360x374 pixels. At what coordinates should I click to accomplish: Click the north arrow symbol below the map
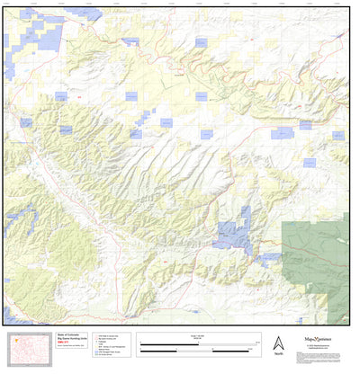tap(278, 342)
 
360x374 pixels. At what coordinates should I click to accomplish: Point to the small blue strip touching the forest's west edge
tap(269, 257)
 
